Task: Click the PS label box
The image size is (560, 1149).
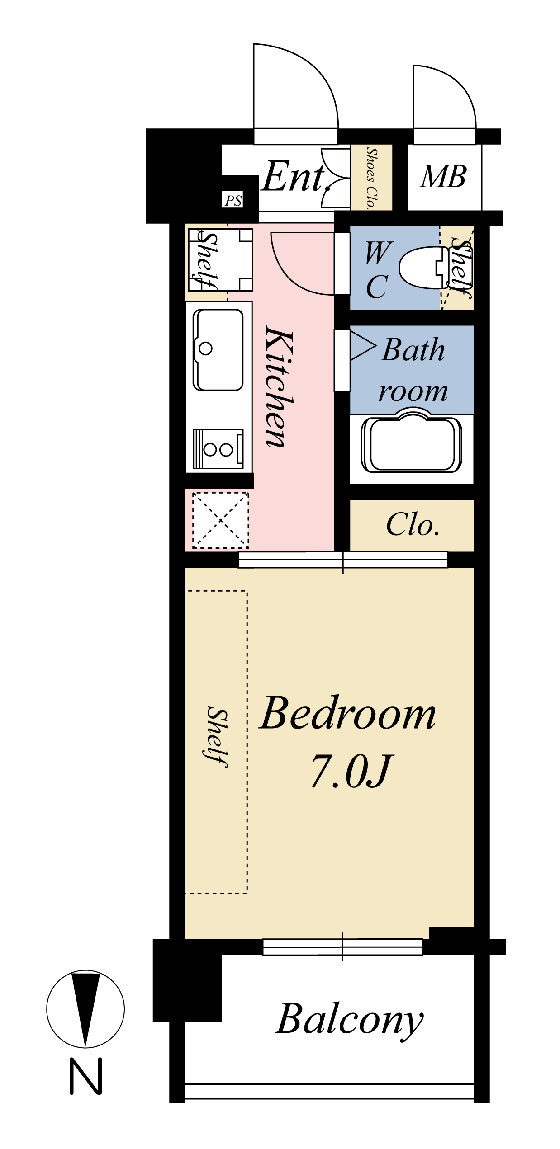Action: (x=233, y=200)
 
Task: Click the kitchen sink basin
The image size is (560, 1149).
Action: (x=218, y=349)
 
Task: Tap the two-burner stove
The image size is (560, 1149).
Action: (x=218, y=449)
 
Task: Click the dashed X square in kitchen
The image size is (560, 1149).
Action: (x=221, y=520)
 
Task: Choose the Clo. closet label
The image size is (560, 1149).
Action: (x=413, y=525)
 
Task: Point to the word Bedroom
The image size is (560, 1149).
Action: (x=347, y=714)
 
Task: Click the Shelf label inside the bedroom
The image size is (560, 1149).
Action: (x=217, y=736)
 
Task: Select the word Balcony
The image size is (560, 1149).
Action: (x=349, y=1019)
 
